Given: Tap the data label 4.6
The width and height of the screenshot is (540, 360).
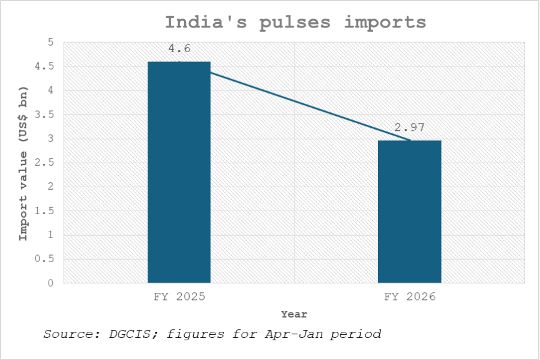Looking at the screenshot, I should tap(179, 49).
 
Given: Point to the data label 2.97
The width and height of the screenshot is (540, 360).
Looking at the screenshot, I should tap(409, 127).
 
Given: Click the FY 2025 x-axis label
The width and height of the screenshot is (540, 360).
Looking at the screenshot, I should tap(179, 297).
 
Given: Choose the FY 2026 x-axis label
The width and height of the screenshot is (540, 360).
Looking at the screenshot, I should tap(409, 297).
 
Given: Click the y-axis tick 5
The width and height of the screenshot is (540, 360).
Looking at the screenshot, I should tap(50, 43).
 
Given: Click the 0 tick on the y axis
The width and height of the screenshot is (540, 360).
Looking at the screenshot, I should tap(50, 283).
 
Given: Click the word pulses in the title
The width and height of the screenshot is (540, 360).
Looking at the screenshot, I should tap(294, 23).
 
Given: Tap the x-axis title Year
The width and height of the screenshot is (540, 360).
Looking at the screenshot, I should tap(294, 314).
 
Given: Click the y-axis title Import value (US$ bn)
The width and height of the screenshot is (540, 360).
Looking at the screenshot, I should tap(23, 163).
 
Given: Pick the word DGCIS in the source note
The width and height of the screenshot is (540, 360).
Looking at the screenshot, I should tap(128, 334).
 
